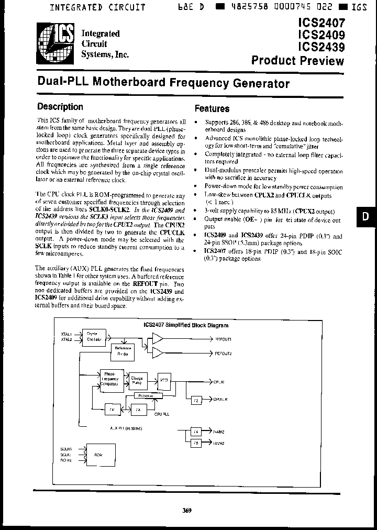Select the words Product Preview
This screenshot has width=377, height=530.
(x=297, y=60)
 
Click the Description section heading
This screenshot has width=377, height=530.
(x=60, y=107)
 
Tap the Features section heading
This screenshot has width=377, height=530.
(x=212, y=109)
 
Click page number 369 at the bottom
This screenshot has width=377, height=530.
(x=187, y=511)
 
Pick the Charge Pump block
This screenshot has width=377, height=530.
(x=136, y=380)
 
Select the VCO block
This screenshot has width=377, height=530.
(x=164, y=381)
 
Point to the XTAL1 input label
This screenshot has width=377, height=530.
(x=66, y=333)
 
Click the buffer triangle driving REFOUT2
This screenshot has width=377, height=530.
(x=157, y=354)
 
